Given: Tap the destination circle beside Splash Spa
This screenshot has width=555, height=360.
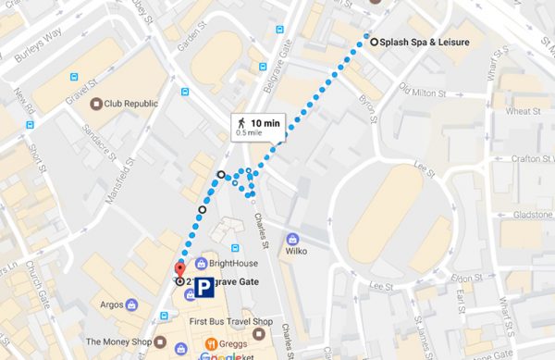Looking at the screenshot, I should pos(374,42).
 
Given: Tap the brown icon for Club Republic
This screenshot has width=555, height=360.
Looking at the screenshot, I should pos(95,104).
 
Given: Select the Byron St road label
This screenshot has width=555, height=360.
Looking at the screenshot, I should pos(374,108).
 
